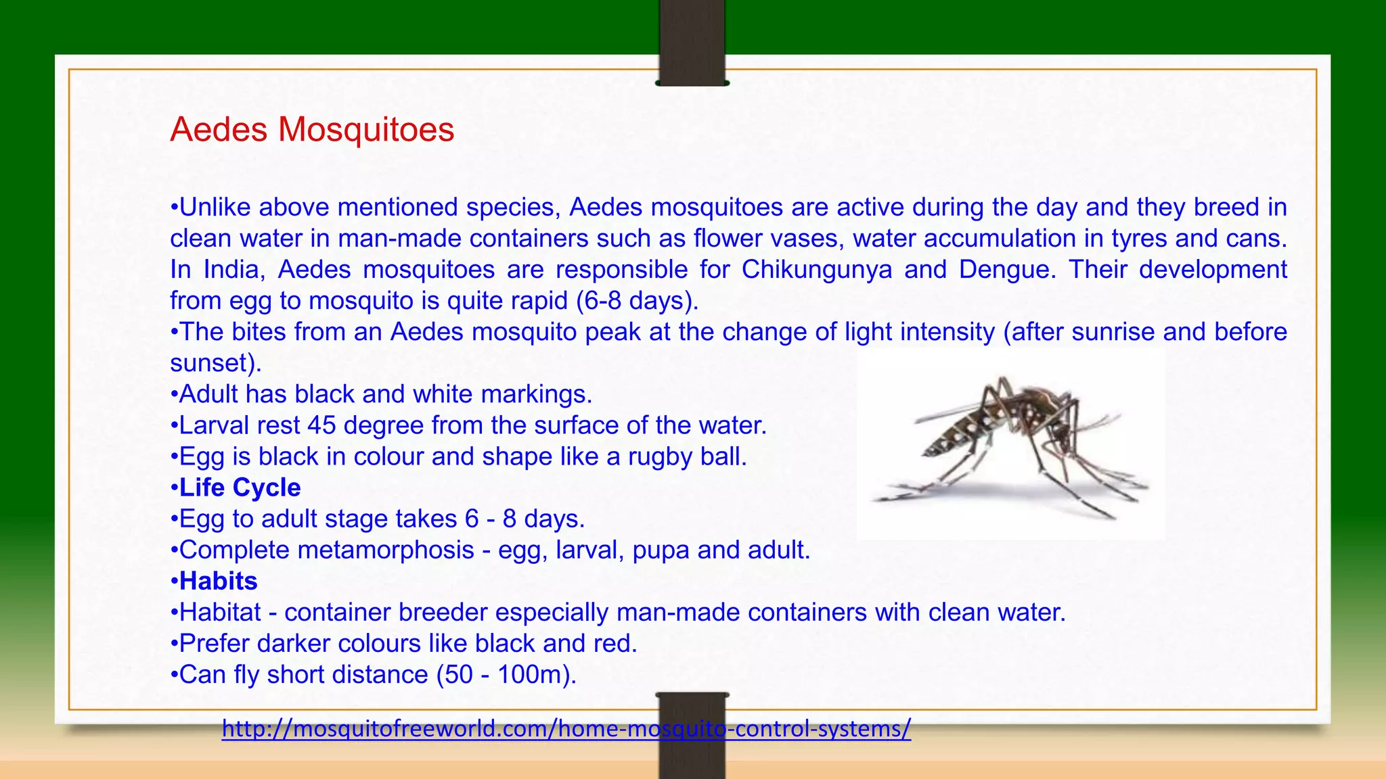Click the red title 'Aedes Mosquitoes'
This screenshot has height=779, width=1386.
(312, 129)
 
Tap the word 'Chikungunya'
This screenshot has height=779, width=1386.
(816, 269)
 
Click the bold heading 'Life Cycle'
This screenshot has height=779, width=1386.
(240, 488)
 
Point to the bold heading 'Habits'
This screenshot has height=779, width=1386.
(218, 581)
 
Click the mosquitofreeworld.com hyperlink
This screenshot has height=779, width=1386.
(566, 729)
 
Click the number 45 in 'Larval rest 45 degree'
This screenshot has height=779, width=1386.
(321, 425)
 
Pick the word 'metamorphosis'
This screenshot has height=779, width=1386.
(386, 550)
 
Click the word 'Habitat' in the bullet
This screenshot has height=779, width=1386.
(220, 612)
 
